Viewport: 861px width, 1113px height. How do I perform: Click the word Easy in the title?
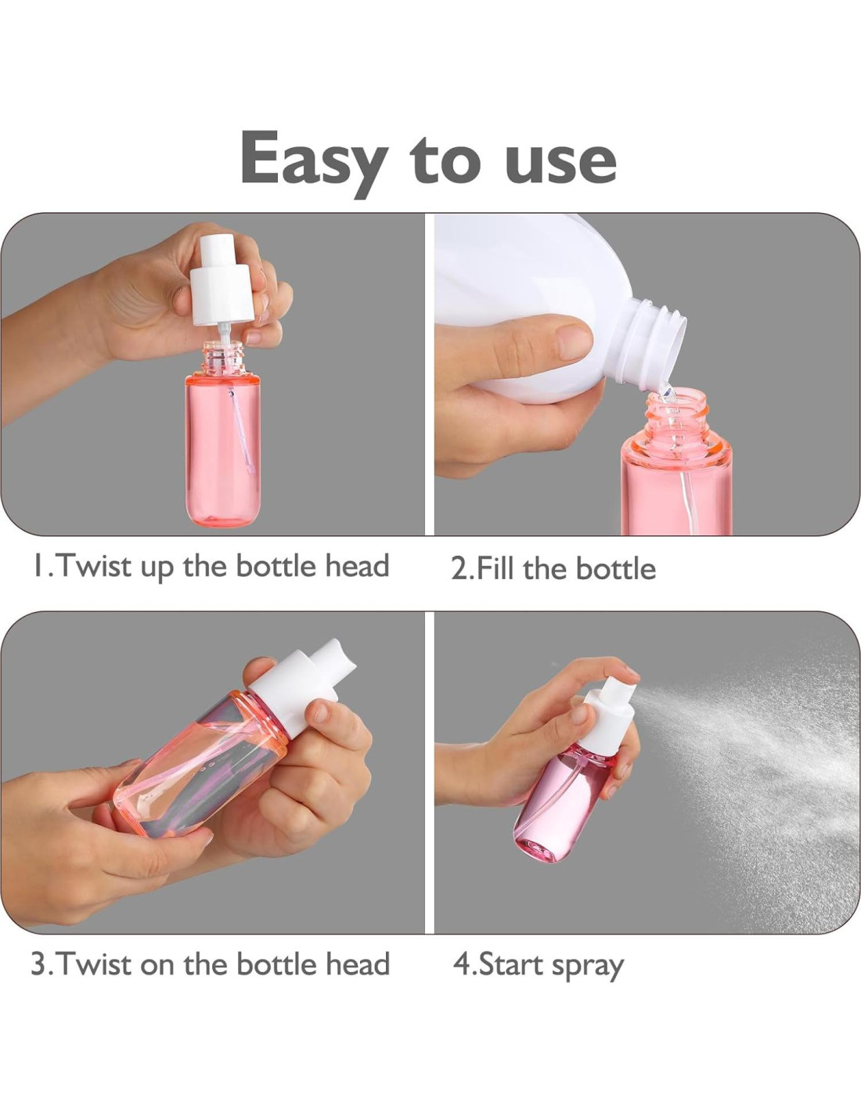tap(313, 160)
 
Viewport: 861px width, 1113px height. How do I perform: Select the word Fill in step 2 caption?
tap(496, 568)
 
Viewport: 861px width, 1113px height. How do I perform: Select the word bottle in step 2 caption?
tap(615, 568)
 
